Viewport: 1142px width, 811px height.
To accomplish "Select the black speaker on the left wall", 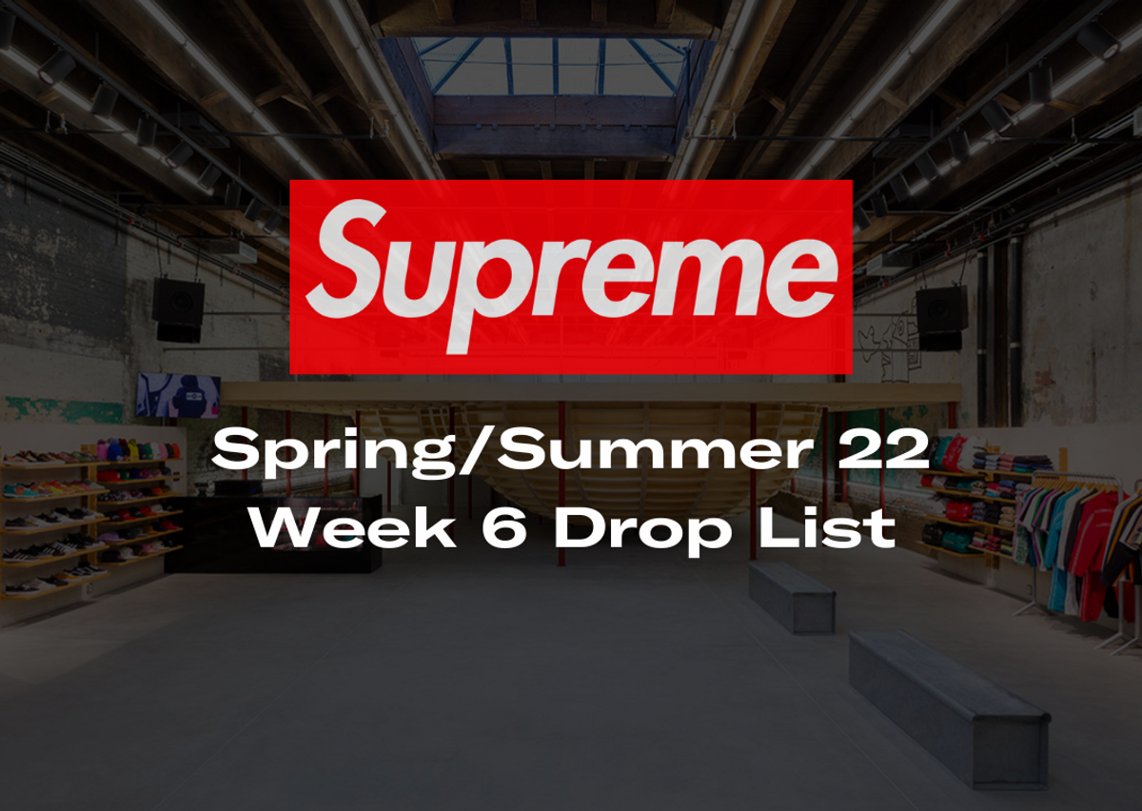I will (x=178, y=308).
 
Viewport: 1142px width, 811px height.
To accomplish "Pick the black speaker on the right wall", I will (x=941, y=316).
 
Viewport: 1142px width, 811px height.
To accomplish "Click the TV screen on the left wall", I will (x=178, y=395).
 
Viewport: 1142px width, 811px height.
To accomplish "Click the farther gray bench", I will (x=791, y=595).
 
